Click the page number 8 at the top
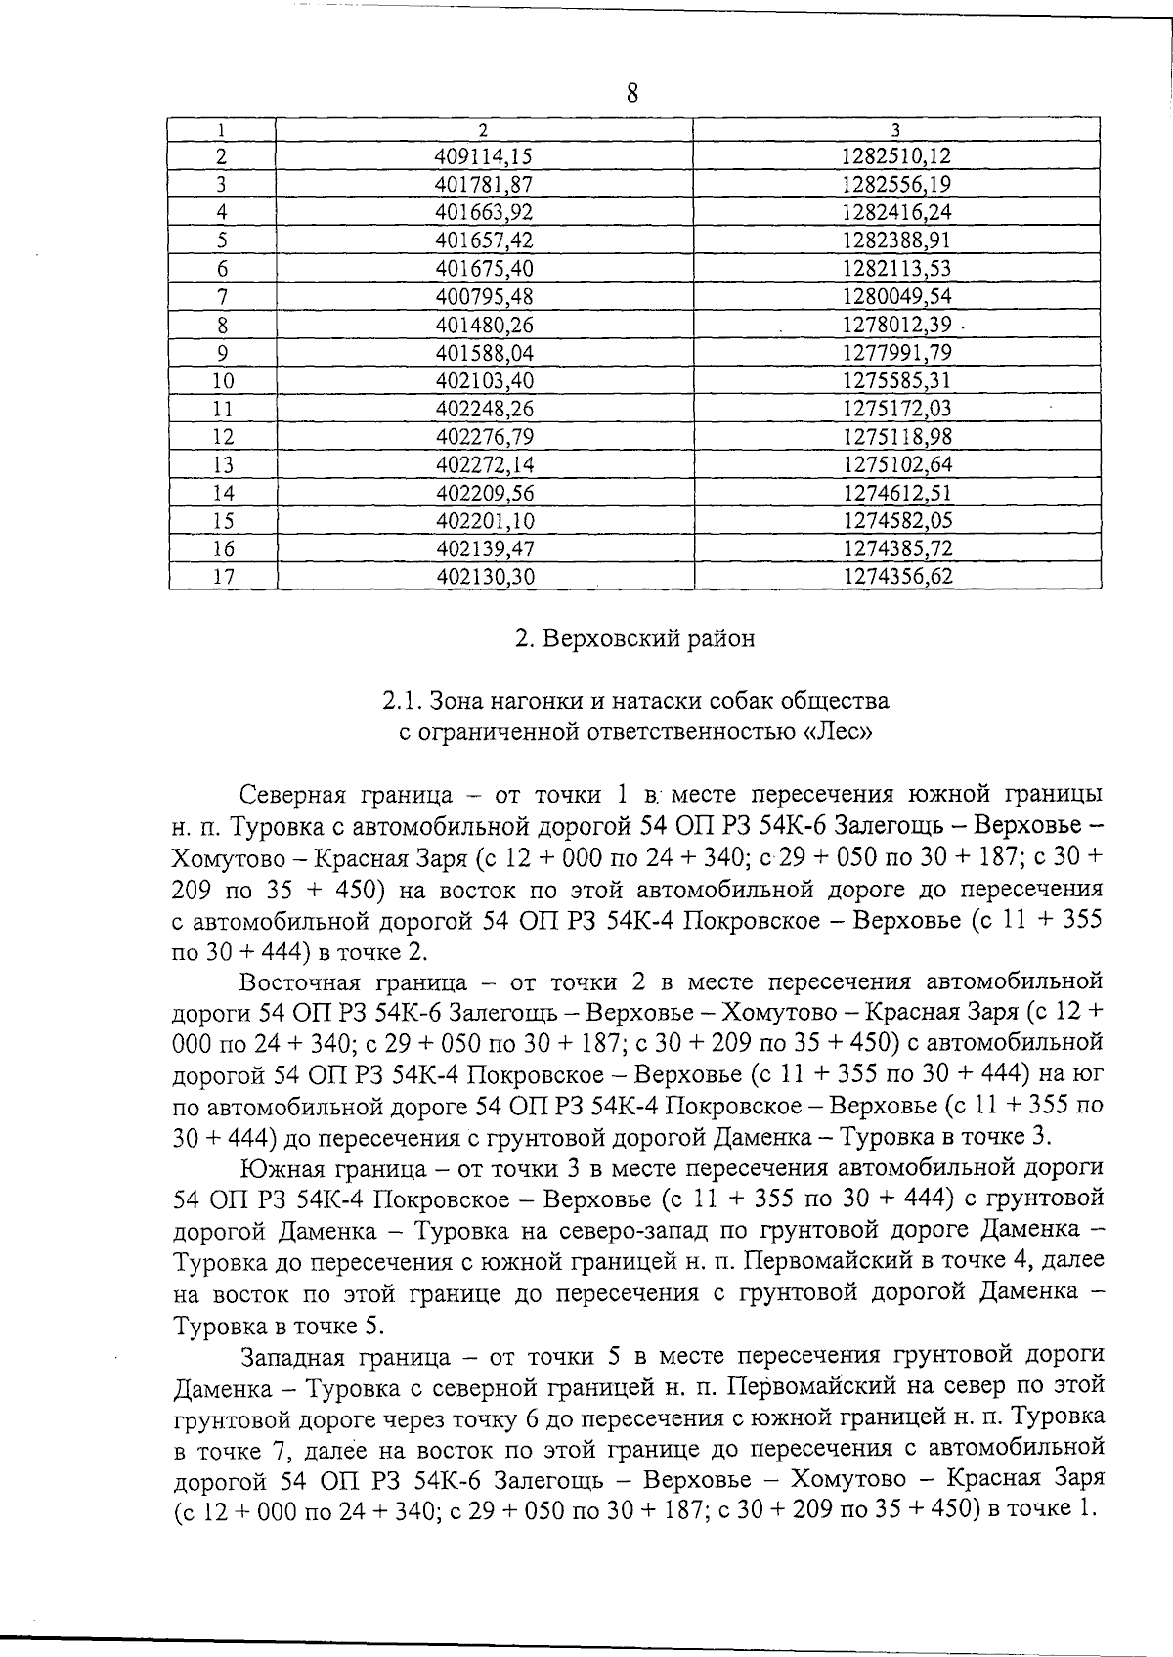pyautogui.click(x=631, y=94)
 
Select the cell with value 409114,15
pyautogui.click(x=486, y=156)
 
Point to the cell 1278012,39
pyautogui.click(x=896, y=325)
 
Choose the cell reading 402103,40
pyautogui.click(x=486, y=381)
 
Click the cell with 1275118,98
pyautogui.click(x=896, y=437)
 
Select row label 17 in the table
pyautogui.click(x=223, y=577)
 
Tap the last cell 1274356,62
pyautogui.click(x=896, y=577)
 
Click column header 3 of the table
pyautogui.click(x=896, y=129)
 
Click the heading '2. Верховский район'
pyautogui.click(x=634, y=639)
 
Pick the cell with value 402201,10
pyautogui.click(x=486, y=521)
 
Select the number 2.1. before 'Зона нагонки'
pyautogui.click(x=401, y=702)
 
